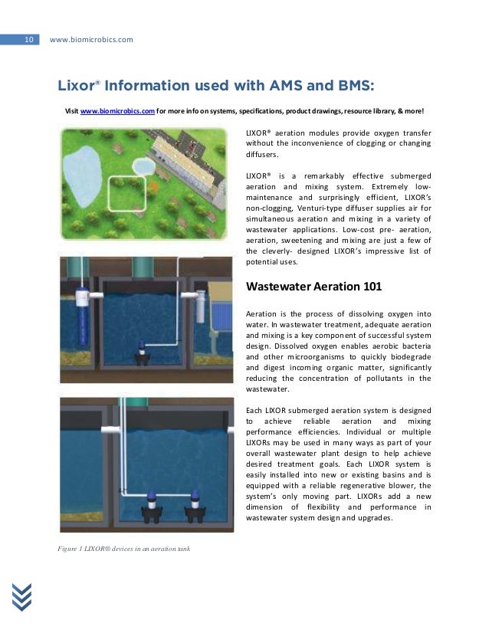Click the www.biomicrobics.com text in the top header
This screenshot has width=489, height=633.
coord(90,39)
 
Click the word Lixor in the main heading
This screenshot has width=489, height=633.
coord(74,84)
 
